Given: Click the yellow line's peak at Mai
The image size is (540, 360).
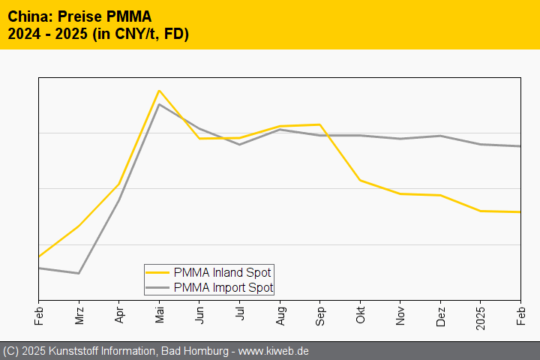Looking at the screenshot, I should [159, 91].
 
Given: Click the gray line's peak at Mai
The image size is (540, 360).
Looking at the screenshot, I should [159, 104].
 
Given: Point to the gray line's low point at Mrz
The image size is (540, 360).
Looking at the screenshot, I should [79, 273].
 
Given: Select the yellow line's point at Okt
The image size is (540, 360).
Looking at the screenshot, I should [360, 180].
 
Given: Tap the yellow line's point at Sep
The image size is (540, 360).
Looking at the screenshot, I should [320, 124].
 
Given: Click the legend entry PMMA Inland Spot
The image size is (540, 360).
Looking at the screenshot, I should [222, 272].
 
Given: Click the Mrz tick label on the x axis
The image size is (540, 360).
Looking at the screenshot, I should [79, 314].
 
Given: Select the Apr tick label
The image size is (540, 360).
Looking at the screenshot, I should [119, 313].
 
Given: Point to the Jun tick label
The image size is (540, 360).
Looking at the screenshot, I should [199, 313].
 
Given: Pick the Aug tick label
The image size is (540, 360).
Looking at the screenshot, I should [280, 313].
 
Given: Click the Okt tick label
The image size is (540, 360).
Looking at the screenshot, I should [360, 313].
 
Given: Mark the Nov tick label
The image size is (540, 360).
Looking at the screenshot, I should [400, 313].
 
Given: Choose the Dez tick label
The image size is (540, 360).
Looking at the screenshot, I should [440, 313].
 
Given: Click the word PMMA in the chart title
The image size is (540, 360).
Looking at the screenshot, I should [128, 16].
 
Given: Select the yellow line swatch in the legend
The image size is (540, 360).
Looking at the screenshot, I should [157, 272].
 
